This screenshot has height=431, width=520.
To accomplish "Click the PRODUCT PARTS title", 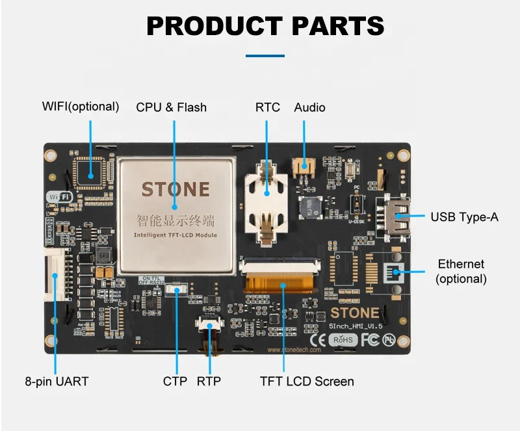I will click(x=265, y=26).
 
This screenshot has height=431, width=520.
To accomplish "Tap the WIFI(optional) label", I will click(x=81, y=106).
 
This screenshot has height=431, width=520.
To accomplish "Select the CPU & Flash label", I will click(x=171, y=107).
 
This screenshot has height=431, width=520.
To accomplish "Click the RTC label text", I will click(x=267, y=107).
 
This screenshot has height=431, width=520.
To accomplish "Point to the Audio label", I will click(x=309, y=107).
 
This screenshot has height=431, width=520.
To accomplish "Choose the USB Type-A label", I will click(x=464, y=216).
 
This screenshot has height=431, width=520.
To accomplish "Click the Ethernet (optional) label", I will click(x=461, y=271).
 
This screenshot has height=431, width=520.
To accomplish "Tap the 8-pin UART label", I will click(x=56, y=381).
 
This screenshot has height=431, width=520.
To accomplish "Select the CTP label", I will click(x=175, y=381).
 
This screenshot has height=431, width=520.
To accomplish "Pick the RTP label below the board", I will click(x=209, y=381).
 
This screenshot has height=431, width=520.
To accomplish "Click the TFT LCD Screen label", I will click(x=307, y=381).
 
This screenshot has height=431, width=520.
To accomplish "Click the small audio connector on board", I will click(x=302, y=167).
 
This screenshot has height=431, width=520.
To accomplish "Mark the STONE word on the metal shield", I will click(x=175, y=189).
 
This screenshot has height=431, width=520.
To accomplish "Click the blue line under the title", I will click(x=265, y=56).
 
